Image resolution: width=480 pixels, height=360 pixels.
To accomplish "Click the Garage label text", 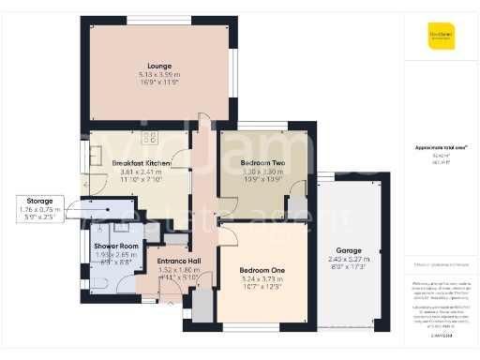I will [x=348, y=250].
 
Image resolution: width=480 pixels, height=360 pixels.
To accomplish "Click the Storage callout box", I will [x=39, y=210].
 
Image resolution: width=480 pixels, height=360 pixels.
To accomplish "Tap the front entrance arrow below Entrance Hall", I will [x=182, y=310].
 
